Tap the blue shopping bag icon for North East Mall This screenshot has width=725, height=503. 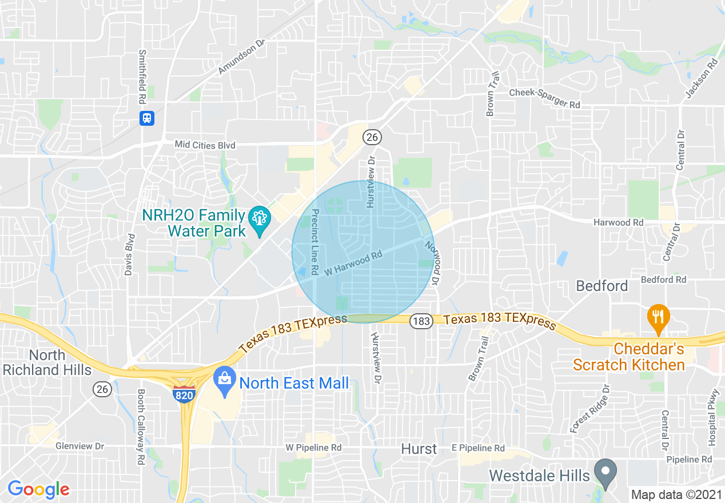(x=224, y=381)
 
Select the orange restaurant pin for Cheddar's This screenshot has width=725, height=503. (x=658, y=317)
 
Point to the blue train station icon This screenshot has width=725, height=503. (x=147, y=118)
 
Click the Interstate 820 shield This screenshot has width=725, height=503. (x=184, y=394)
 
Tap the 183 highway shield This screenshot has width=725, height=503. (x=420, y=321)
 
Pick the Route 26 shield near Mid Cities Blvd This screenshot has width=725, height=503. (x=372, y=137)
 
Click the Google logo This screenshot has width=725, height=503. (x=38, y=489)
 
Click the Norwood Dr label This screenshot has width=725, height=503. (x=431, y=263)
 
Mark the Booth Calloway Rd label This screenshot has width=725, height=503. (x=141, y=426)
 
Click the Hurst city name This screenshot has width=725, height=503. (x=419, y=449)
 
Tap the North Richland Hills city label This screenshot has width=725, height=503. (x=47, y=362)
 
